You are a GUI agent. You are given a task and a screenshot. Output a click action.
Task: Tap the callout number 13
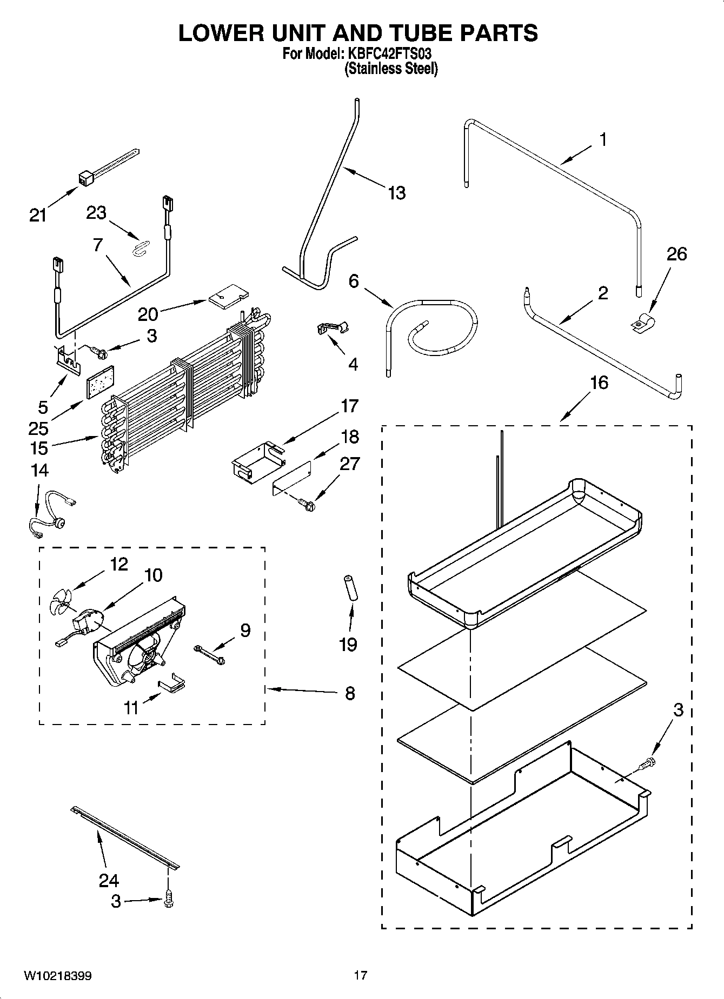[x=396, y=193]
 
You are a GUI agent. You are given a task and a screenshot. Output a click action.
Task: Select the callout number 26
[x=676, y=253]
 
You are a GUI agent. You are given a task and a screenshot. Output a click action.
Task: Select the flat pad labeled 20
[x=229, y=296]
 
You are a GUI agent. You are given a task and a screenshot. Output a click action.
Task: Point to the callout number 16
[x=599, y=383]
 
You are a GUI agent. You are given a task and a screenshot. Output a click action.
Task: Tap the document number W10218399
[x=57, y=976]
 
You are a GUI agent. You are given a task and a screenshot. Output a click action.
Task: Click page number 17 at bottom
[x=360, y=975]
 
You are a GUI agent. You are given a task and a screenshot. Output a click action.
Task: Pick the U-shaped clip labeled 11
[x=171, y=684]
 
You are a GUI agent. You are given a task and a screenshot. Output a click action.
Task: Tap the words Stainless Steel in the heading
[x=391, y=69]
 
